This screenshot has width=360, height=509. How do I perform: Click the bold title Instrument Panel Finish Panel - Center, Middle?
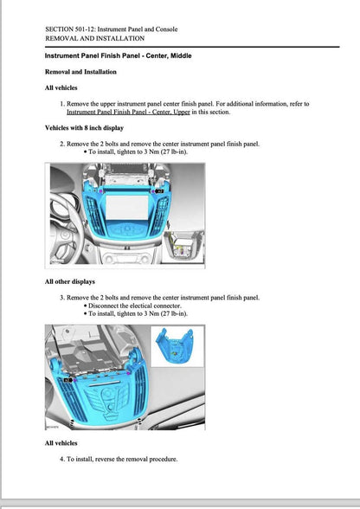tap(118, 55)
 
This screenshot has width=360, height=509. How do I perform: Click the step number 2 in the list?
tap(62, 143)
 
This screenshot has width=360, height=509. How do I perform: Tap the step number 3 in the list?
tap(62, 297)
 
